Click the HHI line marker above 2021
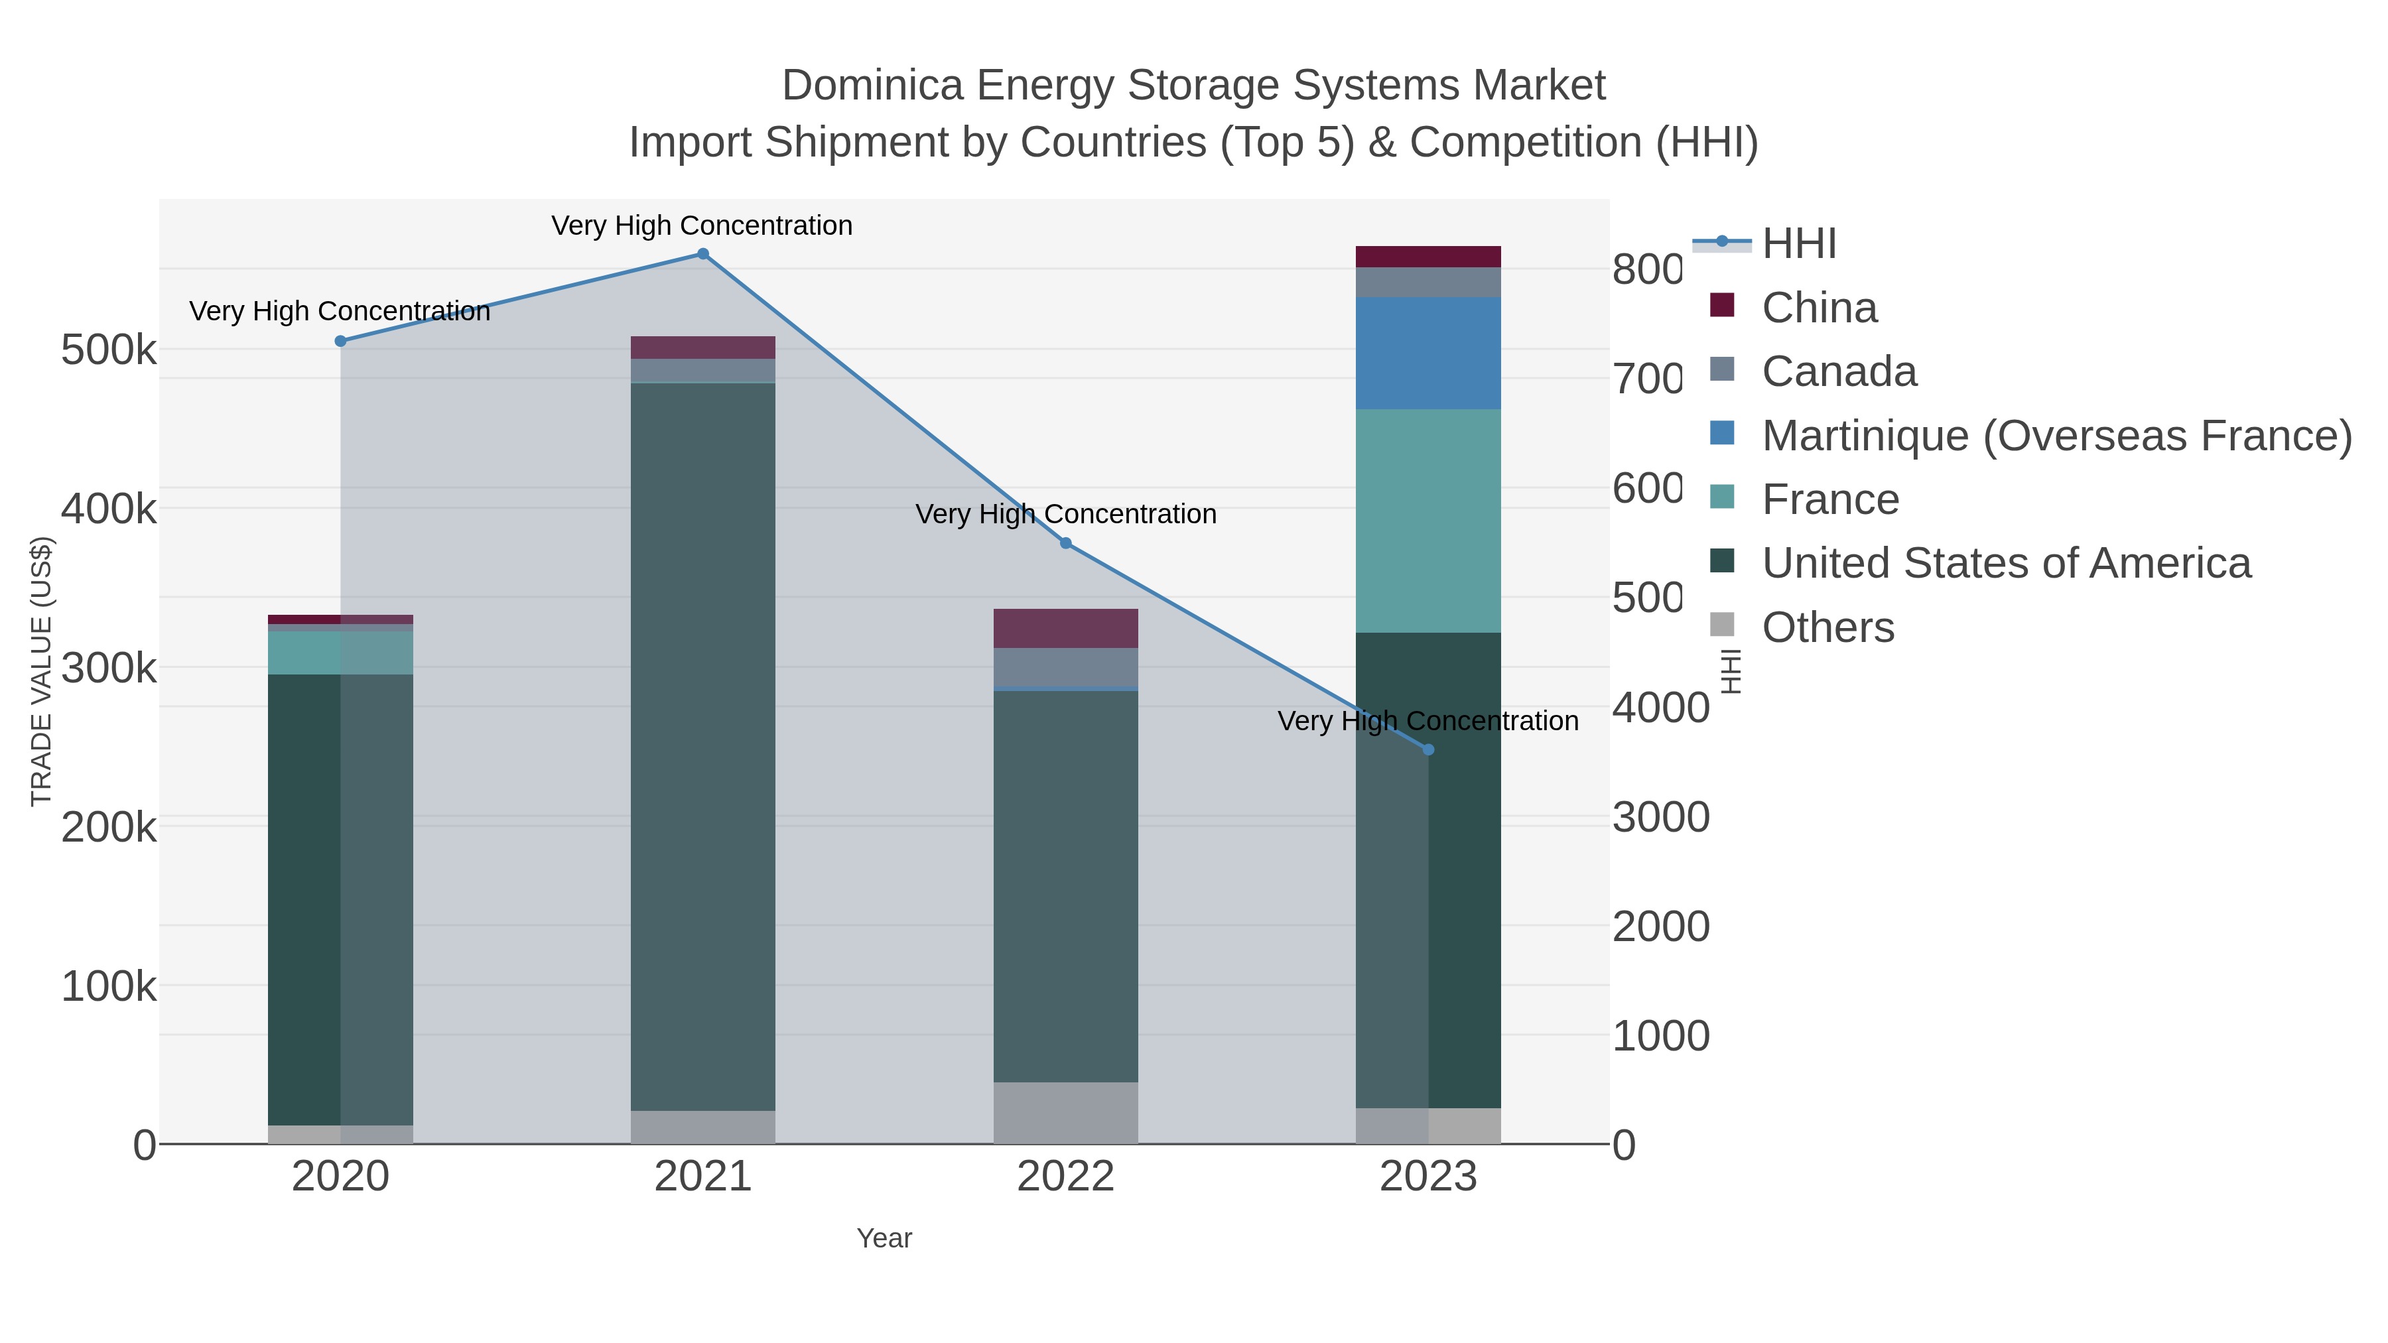click(702, 254)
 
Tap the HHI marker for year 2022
click(1065, 543)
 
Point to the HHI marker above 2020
click(340, 341)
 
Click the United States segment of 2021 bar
click(702, 746)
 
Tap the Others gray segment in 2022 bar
click(1065, 1112)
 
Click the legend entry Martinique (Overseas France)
click(2056, 436)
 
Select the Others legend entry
click(1827, 627)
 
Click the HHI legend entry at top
click(1798, 244)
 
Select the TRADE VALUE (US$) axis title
click(42, 671)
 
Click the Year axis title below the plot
click(884, 1238)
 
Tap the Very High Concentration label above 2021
click(702, 225)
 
